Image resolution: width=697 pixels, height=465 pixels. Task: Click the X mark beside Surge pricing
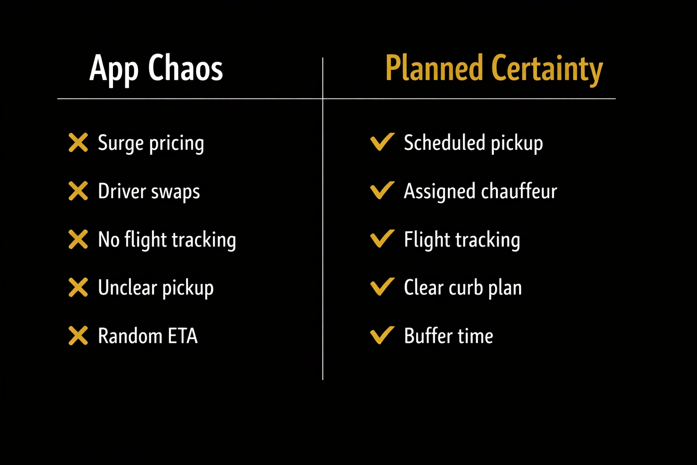coord(78,143)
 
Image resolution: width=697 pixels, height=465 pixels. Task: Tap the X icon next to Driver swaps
coord(78,191)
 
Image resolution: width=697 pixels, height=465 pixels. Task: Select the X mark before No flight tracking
coord(78,239)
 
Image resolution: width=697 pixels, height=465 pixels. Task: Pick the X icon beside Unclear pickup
coord(78,287)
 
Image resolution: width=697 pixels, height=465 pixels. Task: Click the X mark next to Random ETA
coord(78,336)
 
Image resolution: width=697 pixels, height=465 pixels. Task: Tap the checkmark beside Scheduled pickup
coord(382,142)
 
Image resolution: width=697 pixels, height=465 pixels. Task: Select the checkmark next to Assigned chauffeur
coord(382,190)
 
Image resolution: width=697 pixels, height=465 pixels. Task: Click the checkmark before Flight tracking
coord(382,238)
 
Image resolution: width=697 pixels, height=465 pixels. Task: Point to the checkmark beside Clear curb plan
coord(382,287)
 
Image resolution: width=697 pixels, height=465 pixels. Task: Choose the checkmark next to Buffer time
coord(382,335)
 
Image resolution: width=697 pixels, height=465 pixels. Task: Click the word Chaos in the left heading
coord(185,68)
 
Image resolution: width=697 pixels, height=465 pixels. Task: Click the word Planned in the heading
coord(434,68)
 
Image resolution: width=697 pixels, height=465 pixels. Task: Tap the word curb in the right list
coord(466,287)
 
